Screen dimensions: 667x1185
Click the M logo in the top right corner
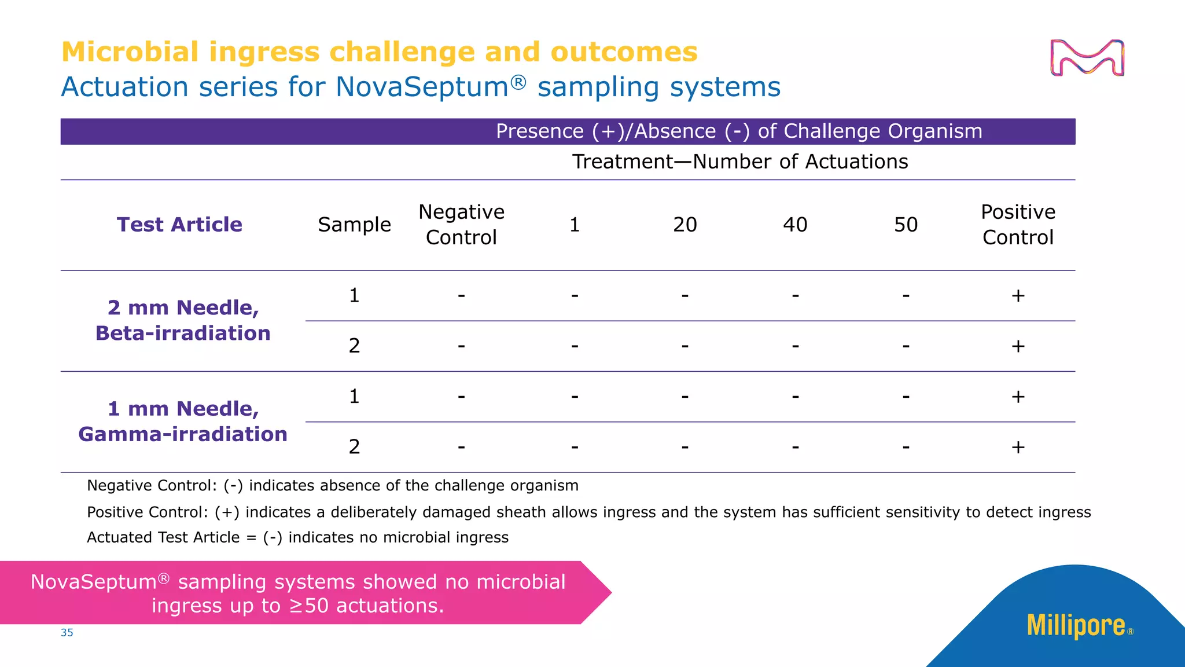[x=1087, y=58]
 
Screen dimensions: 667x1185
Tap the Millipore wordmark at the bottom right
[x=1076, y=626]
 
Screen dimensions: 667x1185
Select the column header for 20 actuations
[x=684, y=225]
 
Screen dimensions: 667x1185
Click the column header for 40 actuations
[x=795, y=225]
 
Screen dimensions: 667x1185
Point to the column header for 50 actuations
[x=906, y=225]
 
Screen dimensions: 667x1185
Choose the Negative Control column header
[x=461, y=225]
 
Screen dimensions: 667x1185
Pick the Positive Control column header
[x=1018, y=225]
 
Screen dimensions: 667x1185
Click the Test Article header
[x=179, y=225]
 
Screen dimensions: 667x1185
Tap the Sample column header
[x=354, y=225]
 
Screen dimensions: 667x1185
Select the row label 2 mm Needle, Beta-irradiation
[x=183, y=320]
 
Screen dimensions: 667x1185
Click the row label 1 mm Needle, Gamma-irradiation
[x=183, y=422]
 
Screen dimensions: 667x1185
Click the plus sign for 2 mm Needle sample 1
[x=1018, y=296]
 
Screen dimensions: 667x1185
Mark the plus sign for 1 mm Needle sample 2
[x=1018, y=447]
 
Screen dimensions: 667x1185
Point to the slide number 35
[x=67, y=633]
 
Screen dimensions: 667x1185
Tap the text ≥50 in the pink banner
[x=308, y=606]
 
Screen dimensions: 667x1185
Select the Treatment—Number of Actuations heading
[x=740, y=162]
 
